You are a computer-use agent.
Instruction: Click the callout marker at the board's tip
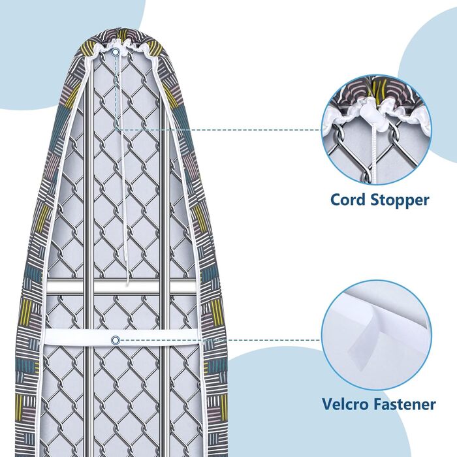pos(116,52)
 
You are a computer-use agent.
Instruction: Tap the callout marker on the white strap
pos(116,339)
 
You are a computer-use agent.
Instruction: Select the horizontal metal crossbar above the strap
pos(124,287)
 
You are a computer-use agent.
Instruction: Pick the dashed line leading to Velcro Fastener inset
pos(261,339)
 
